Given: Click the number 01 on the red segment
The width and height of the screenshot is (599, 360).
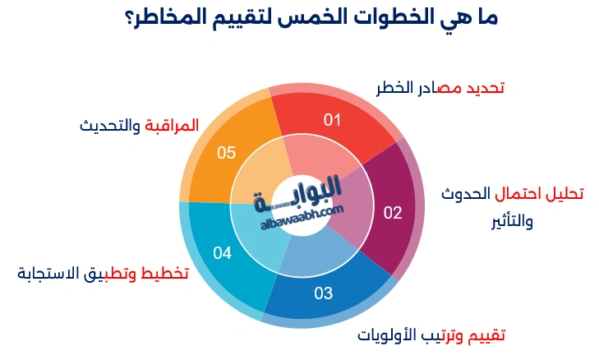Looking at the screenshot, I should click(x=332, y=120).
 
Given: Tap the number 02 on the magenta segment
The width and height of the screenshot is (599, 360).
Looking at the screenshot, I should click(x=393, y=214).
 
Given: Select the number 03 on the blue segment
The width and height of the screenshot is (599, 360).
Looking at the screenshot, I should click(x=323, y=293).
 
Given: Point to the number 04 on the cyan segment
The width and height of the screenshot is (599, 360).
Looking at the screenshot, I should click(x=223, y=253).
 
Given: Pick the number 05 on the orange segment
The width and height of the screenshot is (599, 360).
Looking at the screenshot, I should click(x=226, y=152).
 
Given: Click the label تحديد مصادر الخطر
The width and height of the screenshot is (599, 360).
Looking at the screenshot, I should click(x=440, y=88).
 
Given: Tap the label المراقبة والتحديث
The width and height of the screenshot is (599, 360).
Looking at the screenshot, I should click(x=140, y=126).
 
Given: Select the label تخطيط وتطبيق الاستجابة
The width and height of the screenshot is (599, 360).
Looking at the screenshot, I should click(x=103, y=273).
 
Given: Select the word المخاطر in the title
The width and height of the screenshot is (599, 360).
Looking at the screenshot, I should click(x=161, y=18).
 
